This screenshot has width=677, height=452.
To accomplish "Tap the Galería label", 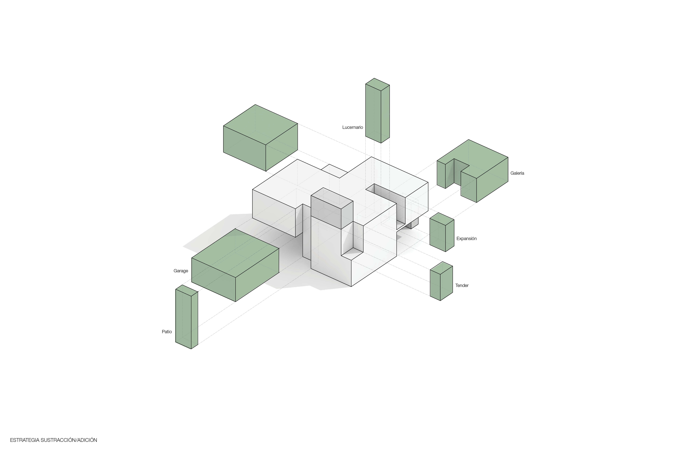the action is tap(517, 173).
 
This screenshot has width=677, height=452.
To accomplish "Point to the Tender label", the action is tap(462, 285).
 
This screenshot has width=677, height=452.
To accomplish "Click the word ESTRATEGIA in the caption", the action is tap(25, 440).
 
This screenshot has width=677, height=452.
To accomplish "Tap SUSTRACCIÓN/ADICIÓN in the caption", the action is tap(69, 440).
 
